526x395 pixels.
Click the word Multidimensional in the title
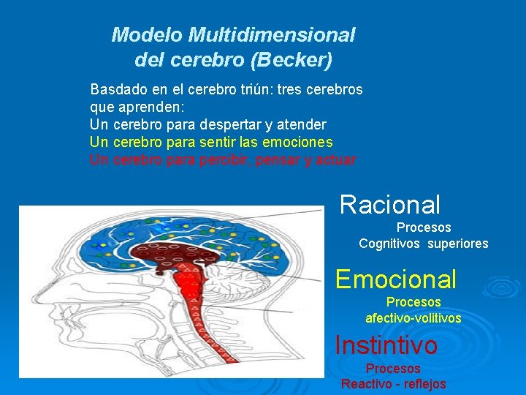click(x=272, y=34)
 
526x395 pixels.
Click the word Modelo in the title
click(x=147, y=34)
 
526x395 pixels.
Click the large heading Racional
click(x=390, y=205)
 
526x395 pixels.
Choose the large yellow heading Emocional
click(x=395, y=279)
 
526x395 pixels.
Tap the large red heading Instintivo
click(x=386, y=345)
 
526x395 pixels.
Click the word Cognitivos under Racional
click(x=390, y=244)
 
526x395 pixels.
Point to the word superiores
click(x=459, y=244)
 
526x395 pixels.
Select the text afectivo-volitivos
click(x=413, y=318)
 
